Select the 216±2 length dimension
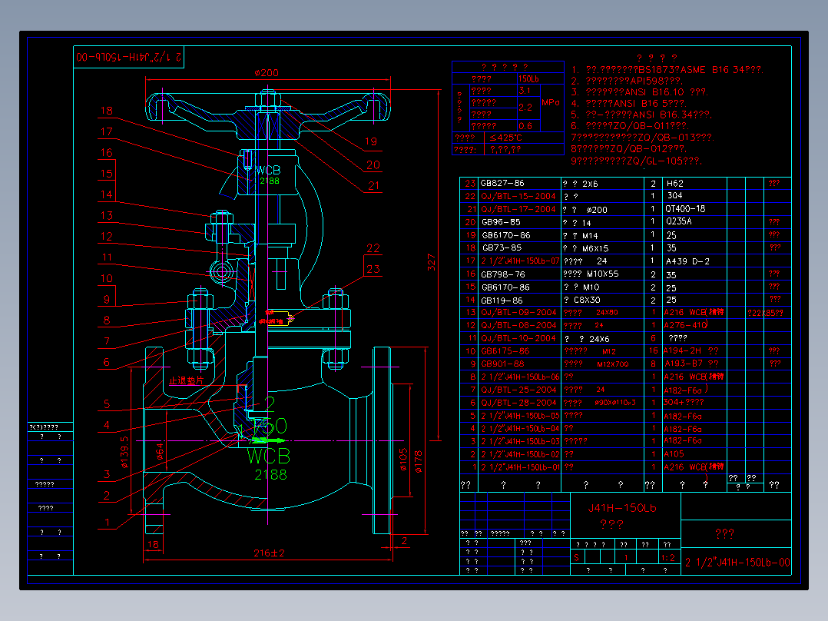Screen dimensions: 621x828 (x=268, y=553)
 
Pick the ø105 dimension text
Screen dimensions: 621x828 (x=403, y=460)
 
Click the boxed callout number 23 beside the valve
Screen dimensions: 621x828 (x=373, y=269)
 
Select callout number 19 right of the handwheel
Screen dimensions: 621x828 (x=371, y=141)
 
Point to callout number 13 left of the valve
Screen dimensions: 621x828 (x=107, y=216)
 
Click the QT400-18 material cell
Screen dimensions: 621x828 (x=686, y=209)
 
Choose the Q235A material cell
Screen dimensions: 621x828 (x=679, y=222)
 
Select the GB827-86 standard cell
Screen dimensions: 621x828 (x=502, y=184)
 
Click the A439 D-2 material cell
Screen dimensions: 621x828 (x=687, y=261)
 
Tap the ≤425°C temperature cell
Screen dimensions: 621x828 (x=505, y=138)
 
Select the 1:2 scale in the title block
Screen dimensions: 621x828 (x=668, y=558)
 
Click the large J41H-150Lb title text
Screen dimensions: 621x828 (x=623, y=507)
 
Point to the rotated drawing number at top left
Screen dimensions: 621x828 (x=130, y=57)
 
